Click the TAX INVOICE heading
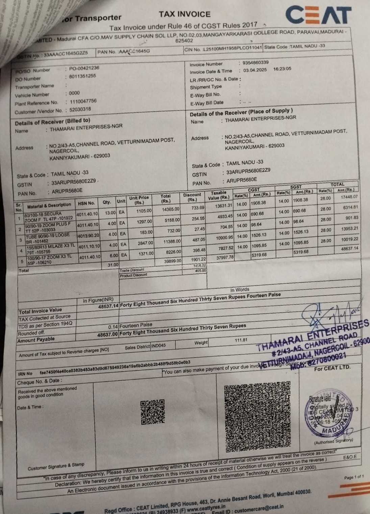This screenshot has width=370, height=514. pyautogui.click(x=184, y=14)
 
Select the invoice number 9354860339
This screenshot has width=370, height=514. pyautogui.click(x=253, y=62)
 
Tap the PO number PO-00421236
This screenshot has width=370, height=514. pyautogui.click(x=84, y=68)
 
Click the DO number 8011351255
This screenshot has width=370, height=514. pyautogui.click(x=82, y=76)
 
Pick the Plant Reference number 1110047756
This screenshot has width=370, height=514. pyautogui.click(x=83, y=101)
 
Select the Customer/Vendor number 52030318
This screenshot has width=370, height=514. pyautogui.click(x=80, y=109)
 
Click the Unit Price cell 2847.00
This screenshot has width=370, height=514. pyautogui.click(x=145, y=243)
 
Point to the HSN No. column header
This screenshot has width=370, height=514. pyautogui.click(x=87, y=203)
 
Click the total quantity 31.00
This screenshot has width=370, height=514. pyautogui.click(x=113, y=265)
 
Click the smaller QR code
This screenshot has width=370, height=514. pyautogui.click(x=152, y=412)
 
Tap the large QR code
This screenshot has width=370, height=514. pyautogui.click(x=257, y=417)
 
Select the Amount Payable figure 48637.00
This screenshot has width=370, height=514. pyautogui.click(x=107, y=335)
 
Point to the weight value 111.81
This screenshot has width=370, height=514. pyautogui.click(x=241, y=340)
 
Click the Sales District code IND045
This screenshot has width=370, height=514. pyautogui.click(x=158, y=346)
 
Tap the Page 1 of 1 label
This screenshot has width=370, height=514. pyautogui.click(x=354, y=477)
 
